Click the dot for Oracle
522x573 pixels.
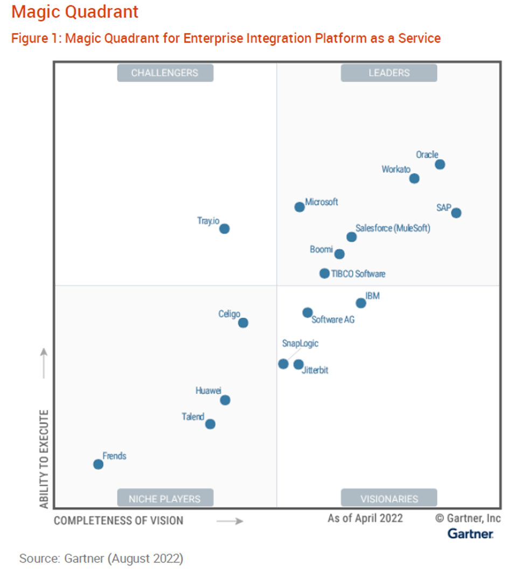(x=440, y=164)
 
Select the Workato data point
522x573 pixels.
(x=414, y=178)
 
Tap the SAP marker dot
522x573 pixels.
(x=456, y=213)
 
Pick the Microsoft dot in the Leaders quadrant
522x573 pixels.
(x=300, y=207)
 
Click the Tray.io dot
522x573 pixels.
(x=225, y=229)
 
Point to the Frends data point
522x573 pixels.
(x=98, y=464)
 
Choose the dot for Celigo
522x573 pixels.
(x=243, y=323)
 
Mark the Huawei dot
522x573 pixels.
(x=225, y=400)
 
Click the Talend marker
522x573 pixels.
(x=211, y=424)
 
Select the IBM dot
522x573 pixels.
(x=361, y=303)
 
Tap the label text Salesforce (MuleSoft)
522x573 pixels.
(x=393, y=228)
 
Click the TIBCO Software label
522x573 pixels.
(x=358, y=274)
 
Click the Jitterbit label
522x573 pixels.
(x=315, y=371)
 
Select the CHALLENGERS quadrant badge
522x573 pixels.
(x=165, y=73)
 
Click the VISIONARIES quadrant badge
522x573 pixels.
(x=389, y=498)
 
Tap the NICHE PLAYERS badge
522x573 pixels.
(x=165, y=498)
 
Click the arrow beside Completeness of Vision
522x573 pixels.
(x=230, y=521)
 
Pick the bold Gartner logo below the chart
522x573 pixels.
(x=470, y=534)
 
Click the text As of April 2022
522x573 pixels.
(x=365, y=518)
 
